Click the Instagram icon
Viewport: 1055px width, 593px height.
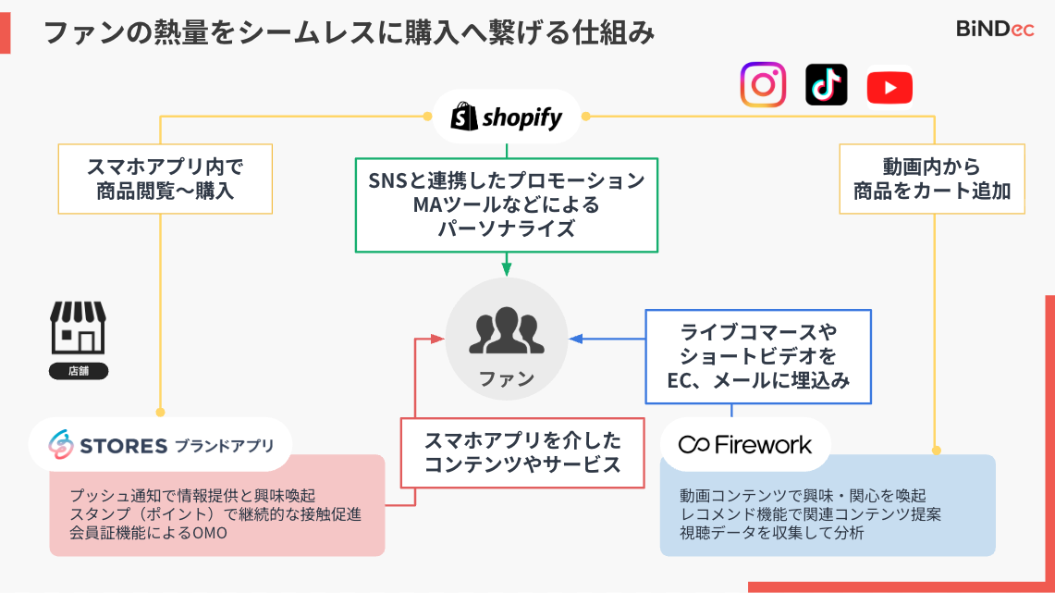763,85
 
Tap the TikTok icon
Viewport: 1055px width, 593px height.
826,85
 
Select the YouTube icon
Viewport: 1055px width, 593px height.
889,88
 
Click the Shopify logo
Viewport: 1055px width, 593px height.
507,117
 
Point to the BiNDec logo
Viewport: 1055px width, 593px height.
994,29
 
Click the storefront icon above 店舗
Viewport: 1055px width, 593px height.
78,328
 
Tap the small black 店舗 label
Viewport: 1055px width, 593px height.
79,372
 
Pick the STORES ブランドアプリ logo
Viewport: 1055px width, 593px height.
162,445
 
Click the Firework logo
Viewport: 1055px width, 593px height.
745,445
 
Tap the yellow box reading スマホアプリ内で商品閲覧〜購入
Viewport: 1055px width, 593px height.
166,179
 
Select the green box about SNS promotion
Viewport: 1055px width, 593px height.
507,204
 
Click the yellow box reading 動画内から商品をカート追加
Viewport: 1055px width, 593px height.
932,179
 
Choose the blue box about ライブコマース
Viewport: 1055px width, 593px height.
758,356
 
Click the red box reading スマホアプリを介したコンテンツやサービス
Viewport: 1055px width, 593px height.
522,452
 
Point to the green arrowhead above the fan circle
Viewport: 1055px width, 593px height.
507,269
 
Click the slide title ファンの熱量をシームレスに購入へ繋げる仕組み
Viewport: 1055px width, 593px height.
350,33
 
